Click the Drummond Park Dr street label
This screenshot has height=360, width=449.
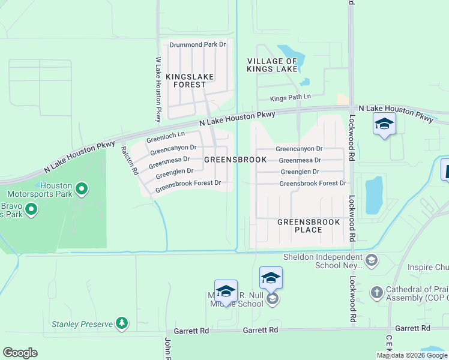197,45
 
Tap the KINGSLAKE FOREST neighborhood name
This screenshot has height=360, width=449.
186,81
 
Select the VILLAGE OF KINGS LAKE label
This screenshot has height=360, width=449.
272,65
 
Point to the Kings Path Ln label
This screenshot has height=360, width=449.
291,97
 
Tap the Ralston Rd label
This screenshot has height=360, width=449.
130,161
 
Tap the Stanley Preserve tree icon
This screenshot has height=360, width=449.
122,323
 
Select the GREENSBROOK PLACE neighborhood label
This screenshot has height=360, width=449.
309,226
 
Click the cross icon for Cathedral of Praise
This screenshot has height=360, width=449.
376,292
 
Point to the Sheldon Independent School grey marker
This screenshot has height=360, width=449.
372,260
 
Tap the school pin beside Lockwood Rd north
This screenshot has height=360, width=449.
384,124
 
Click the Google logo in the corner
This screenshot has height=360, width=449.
20,353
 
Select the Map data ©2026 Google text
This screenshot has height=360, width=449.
411,355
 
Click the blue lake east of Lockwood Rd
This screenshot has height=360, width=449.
373,196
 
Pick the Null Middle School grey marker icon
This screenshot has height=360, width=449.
272,299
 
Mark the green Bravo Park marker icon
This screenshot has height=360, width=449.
31,209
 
